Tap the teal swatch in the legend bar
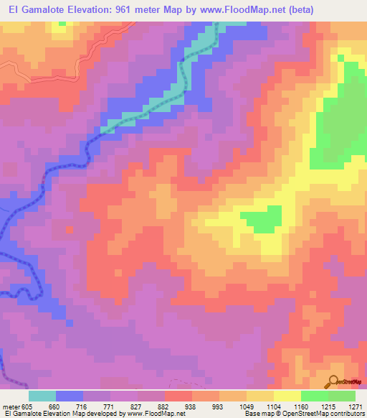(42, 396)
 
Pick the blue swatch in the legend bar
(70, 396)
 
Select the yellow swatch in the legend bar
(287, 396)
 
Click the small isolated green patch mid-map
(261, 218)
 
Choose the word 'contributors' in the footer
(346, 414)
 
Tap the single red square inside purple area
(69, 230)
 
